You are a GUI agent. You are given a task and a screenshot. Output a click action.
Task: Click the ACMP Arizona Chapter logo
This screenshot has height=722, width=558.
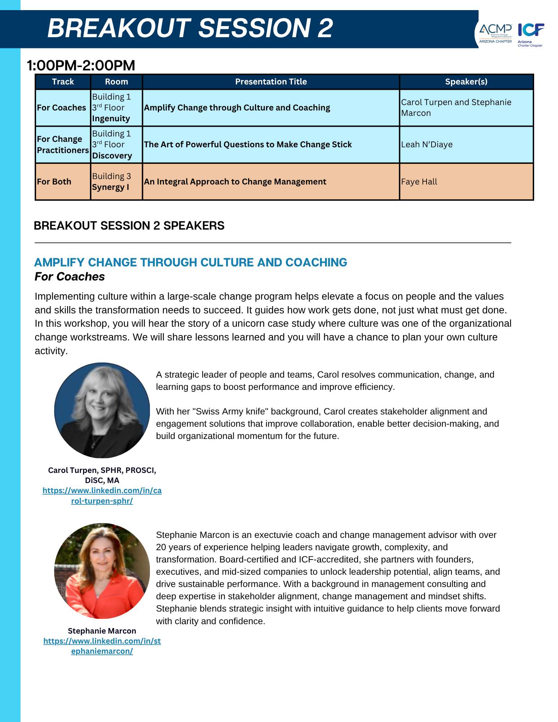point(495,33)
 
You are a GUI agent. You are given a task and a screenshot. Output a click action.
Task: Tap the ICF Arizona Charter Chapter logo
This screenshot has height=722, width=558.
point(531,34)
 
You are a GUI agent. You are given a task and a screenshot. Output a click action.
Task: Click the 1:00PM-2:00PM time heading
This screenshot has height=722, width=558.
point(81,65)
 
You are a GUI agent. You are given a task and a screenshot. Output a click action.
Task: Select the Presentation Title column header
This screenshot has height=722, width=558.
point(271,82)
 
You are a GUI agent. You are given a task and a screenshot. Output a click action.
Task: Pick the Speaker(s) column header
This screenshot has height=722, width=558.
point(466,82)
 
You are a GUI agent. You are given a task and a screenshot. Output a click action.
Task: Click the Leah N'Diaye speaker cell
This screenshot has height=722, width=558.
point(427,144)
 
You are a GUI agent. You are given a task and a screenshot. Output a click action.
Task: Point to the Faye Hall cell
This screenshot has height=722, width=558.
point(419,182)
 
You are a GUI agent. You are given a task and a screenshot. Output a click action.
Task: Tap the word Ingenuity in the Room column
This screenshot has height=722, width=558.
point(111,118)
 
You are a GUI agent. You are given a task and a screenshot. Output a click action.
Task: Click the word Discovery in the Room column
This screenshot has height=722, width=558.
point(112,156)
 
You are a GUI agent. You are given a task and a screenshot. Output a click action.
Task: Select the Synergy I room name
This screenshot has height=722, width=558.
point(110,187)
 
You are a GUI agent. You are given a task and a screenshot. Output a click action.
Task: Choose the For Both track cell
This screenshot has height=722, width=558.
point(54,182)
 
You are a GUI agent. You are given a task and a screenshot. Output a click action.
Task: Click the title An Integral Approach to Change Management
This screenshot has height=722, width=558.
point(235,182)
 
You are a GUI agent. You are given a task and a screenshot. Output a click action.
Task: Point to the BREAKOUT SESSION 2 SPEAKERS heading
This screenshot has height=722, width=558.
point(129,226)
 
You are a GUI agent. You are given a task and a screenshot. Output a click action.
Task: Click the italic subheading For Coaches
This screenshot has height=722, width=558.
point(70,277)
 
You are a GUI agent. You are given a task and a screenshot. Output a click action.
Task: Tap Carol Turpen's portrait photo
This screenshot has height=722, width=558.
point(102,410)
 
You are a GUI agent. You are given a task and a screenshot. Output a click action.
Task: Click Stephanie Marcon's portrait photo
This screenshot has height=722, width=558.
point(102,571)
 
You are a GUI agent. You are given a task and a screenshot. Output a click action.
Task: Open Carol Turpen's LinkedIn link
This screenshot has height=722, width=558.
point(102,495)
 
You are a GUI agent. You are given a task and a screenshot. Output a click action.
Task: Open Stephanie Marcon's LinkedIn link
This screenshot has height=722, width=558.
point(102,646)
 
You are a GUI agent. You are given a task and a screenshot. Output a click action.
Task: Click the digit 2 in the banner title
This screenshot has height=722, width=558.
point(325,28)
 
